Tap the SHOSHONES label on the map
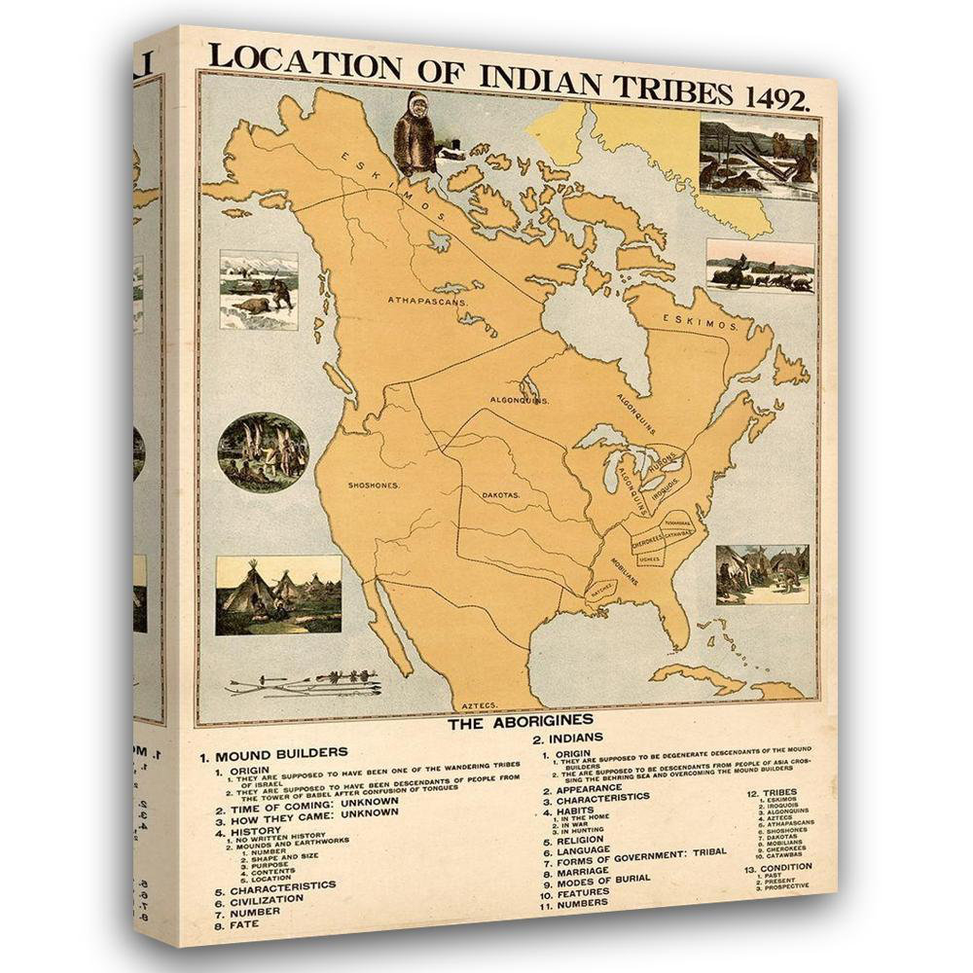click(x=375, y=484)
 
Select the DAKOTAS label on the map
click(x=501, y=495)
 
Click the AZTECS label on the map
click(x=480, y=703)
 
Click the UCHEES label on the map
click(x=649, y=559)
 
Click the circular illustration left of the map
click(x=263, y=451)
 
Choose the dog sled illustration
click(x=760, y=266)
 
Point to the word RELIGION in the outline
click(x=581, y=839)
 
